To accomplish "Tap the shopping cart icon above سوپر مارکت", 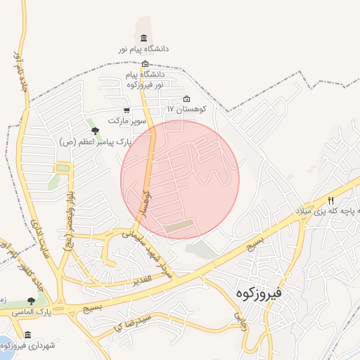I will point(126,110).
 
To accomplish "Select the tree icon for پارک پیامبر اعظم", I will point(95,130).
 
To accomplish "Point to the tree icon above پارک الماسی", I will point(30,302).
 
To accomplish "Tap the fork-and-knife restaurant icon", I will point(331,200).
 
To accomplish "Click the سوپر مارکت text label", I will point(127,121).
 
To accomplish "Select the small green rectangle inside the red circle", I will point(181,227).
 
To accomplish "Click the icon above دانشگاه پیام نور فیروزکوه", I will point(146,64).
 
